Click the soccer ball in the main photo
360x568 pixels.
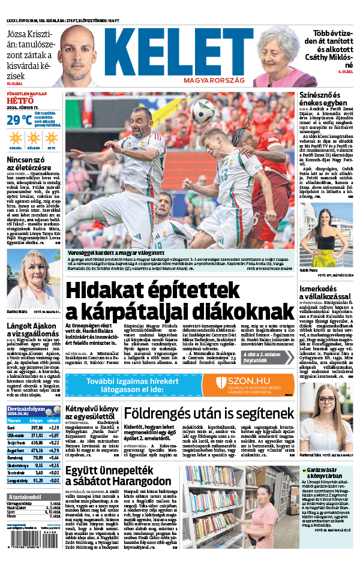pos(205,112)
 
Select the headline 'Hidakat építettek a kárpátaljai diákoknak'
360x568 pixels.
pos(179,300)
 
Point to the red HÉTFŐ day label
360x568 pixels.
pos(19,101)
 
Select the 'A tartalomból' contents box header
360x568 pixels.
pos(28,497)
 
